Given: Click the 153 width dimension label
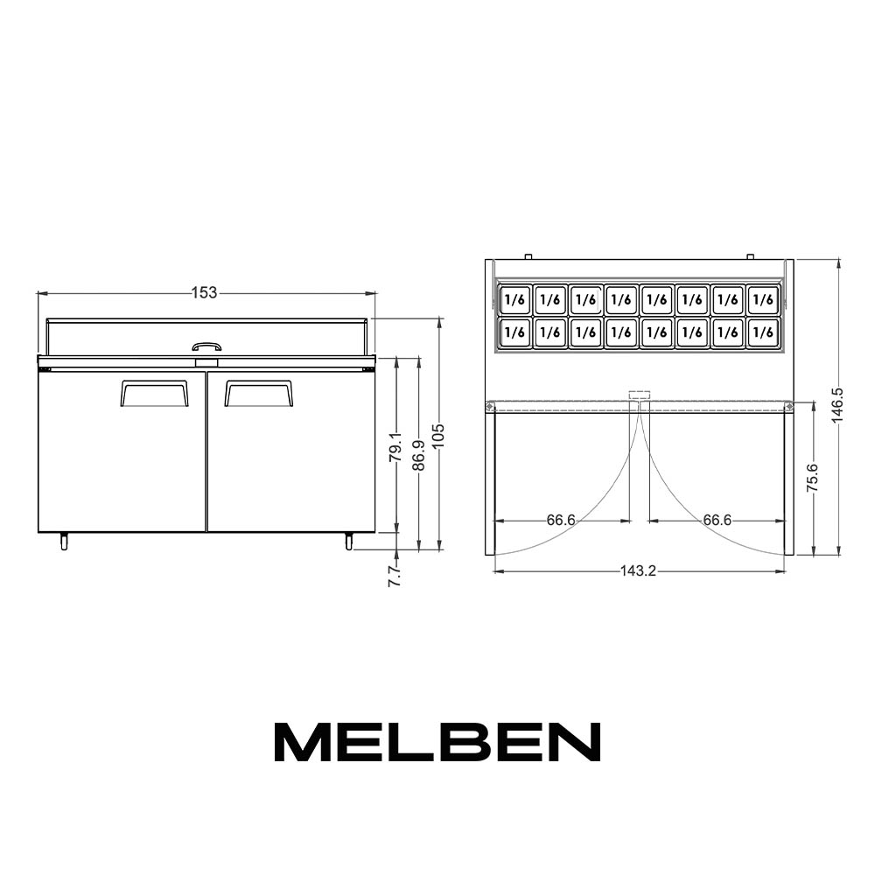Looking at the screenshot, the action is click(204, 292).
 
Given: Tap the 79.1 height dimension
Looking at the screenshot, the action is click(395, 446).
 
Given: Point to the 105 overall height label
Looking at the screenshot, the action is click(438, 435).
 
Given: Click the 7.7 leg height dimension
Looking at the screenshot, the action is click(395, 575).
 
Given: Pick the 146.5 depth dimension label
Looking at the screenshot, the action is click(837, 405).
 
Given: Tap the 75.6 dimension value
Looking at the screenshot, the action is click(813, 477).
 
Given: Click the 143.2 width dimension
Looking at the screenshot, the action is click(639, 570).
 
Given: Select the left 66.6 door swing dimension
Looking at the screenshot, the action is click(561, 520).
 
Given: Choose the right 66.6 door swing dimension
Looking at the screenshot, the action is click(717, 520).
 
